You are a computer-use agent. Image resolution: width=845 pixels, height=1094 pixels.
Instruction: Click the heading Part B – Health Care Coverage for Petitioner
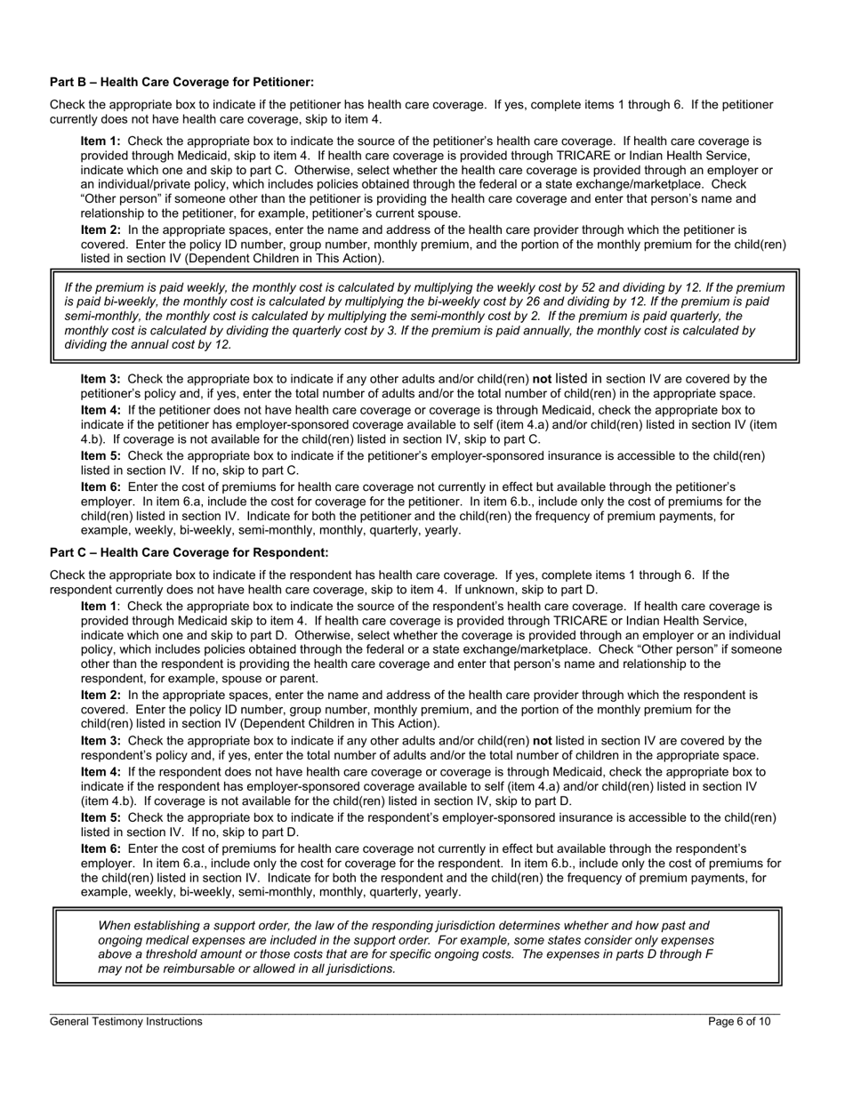click(x=181, y=82)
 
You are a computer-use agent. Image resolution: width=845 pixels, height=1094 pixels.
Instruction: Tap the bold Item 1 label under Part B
click(x=100, y=141)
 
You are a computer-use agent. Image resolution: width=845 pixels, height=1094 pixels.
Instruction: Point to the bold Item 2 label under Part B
click(x=100, y=229)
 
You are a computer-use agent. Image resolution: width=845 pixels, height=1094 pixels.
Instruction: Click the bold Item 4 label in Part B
click(x=100, y=410)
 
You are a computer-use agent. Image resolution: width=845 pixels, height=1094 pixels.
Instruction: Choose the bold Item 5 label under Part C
click(x=100, y=817)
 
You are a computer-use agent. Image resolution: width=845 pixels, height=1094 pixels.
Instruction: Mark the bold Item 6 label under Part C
click(x=100, y=849)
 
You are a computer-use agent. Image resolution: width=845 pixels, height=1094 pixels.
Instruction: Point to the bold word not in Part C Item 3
click(x=542, y=740)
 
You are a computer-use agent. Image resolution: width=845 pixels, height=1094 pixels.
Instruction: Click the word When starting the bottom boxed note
click(x=116, y=926)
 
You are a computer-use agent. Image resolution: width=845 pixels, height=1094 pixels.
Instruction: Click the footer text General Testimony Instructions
click(x=125, y=1022)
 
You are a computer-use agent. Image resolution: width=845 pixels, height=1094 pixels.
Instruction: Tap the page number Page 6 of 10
click(x=739, y=1022)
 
